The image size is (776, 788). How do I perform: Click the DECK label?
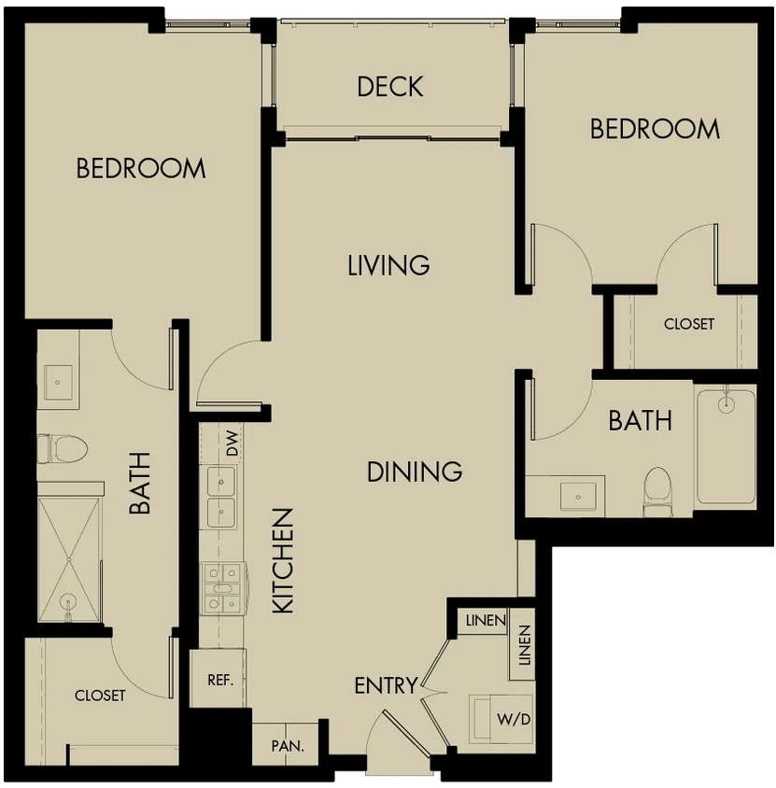tap(390, 87)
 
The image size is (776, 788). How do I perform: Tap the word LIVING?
tap(388, 265)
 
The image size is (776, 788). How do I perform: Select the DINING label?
tap(415, 471)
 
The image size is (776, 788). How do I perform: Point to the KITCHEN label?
tap(283, 561)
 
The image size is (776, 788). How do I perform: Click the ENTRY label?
tap(386, 685)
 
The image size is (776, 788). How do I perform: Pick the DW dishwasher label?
tap(232, 443)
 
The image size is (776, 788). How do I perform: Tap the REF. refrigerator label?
tap(220, 681)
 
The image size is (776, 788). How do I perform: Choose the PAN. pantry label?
tap(288, 746)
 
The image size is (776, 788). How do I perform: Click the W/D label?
tap(514, 719)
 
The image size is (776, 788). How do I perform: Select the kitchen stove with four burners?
tap(221, 588)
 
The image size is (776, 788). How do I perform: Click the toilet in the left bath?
tap(63, 449)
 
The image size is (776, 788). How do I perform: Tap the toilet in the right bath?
tap(658, 491)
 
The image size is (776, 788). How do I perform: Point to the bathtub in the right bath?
tap(726, 447)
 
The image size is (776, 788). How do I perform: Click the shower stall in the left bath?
tap(69, 560)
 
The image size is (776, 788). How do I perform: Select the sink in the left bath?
tap(58, 382)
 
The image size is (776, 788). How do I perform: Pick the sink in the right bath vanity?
tap(578, 497)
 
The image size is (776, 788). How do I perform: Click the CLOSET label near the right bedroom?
tap(689, 324)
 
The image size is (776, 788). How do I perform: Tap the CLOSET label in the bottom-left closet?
tap(100, 696)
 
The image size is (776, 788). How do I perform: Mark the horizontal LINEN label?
tap(486, 621)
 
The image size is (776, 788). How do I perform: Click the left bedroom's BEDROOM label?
tap(141, 168)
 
